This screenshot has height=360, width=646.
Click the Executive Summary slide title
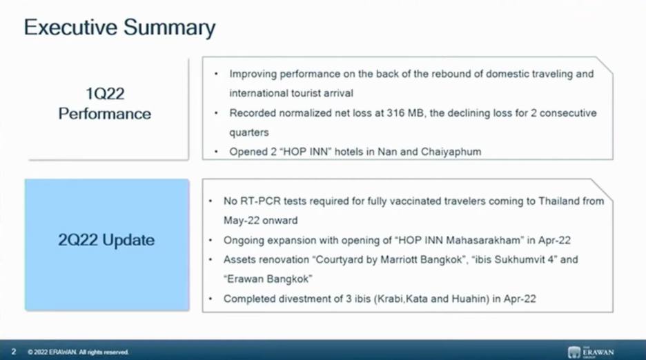(x=119, y=28)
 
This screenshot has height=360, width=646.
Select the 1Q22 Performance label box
(x=108, y=109)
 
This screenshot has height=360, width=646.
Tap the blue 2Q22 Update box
(x=107, y=245)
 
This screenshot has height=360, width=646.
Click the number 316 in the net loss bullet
(x=395, y=113)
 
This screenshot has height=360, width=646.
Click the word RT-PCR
(x=258, y=201)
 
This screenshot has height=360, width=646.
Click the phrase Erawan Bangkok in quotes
(x=268, y=279)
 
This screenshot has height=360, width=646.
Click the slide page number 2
(x=14, y=352)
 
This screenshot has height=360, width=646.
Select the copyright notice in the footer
(x=78, y=352)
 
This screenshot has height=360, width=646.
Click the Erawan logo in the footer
(x=591, y=352)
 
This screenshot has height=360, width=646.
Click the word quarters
(x=249, y=132)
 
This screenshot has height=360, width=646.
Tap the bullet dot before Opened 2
(x=216, y=152)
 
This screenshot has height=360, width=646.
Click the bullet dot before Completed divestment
(x=211, y=298)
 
